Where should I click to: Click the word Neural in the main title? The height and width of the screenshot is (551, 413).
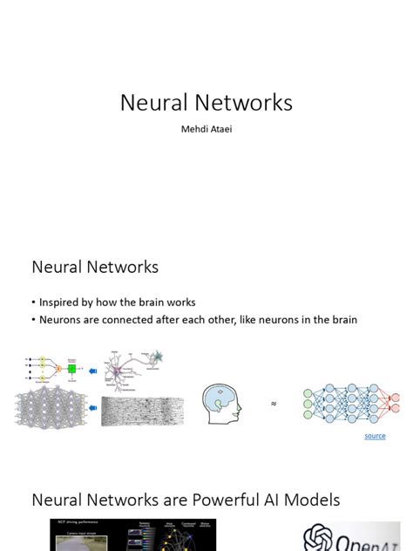pyautogui.click(x=153, y=103)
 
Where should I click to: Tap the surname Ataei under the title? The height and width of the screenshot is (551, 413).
pyautogui.click(x=223, y=130)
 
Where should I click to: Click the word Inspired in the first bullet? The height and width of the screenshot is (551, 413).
pyautogui.click(x=62, y=303)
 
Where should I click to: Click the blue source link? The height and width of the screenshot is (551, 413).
pyautogui.click(x=375, y=436)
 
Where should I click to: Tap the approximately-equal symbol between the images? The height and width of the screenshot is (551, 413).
pyautogui.click(x=274, y=405)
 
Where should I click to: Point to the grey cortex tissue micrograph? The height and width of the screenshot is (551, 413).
pyautogui.click(x=142, y=411)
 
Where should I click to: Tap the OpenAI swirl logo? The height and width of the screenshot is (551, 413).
pyautogui.click(x=320, y=538)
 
